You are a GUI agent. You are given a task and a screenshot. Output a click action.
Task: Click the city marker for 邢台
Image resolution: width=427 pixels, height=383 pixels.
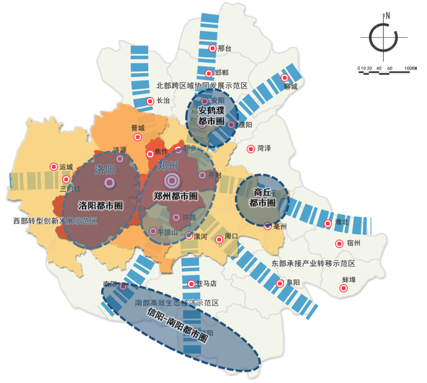coord(212,48)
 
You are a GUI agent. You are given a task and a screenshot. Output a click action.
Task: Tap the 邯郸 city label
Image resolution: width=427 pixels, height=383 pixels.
coord(222,73)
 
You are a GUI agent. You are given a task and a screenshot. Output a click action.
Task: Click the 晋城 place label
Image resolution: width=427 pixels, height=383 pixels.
coord(138,128)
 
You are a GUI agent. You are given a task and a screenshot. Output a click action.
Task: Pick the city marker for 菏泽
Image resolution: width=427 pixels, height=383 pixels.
coord(251,149)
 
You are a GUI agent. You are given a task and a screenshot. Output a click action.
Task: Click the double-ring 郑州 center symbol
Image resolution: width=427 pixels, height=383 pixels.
coord(172,181)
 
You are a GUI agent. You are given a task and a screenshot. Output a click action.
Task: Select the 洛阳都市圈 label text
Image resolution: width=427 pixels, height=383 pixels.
coord(100,206)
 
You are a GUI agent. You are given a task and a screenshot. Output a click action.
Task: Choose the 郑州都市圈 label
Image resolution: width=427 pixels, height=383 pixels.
coord(176,196)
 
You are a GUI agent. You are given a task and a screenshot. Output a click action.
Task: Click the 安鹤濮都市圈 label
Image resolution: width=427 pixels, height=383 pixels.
coord(211,115)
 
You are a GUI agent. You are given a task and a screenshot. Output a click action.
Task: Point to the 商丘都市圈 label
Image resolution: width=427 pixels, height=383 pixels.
coord(263,198)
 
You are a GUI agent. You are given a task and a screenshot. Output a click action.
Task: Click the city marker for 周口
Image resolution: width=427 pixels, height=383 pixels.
coord(219,239)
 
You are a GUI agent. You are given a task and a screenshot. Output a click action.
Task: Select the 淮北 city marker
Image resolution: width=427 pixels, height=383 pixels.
coord(328,223)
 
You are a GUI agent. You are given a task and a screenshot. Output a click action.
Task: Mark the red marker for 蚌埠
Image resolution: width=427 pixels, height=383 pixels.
coord(344,289)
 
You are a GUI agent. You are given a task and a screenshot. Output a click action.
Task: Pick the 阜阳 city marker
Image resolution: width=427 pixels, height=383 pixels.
coord(280,283)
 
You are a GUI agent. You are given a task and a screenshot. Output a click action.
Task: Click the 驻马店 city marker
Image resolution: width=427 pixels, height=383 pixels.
coord(191,283)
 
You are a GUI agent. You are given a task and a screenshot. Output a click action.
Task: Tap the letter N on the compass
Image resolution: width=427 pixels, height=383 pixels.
coord(388,16)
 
